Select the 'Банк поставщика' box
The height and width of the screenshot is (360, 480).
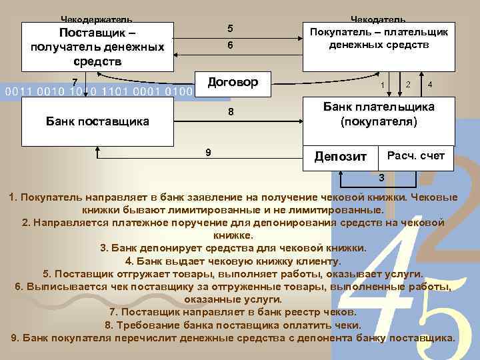click(x=97, y=121)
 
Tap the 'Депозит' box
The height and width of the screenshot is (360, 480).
click(x=340, y=157)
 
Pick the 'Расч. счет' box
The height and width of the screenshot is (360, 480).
click(x=415, y=155)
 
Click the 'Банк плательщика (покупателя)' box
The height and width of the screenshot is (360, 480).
click(x=378, y=115)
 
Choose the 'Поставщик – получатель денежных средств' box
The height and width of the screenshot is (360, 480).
click(x=97, y=47)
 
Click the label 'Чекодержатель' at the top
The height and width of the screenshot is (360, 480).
click(x=97, y=19)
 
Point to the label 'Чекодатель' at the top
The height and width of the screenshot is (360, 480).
click(x=378, y=19)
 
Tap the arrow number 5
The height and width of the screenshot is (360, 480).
click(x=230, y=29)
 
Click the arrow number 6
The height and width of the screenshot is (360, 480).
click(x=230, y=47)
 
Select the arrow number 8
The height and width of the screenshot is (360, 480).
click(x=230, y=111)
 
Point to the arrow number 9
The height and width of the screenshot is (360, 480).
click(x=209, y=152)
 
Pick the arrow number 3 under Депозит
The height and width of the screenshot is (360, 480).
click(x=381, y=178)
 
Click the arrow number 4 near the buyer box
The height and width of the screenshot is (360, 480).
click(x=431, y=85)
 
